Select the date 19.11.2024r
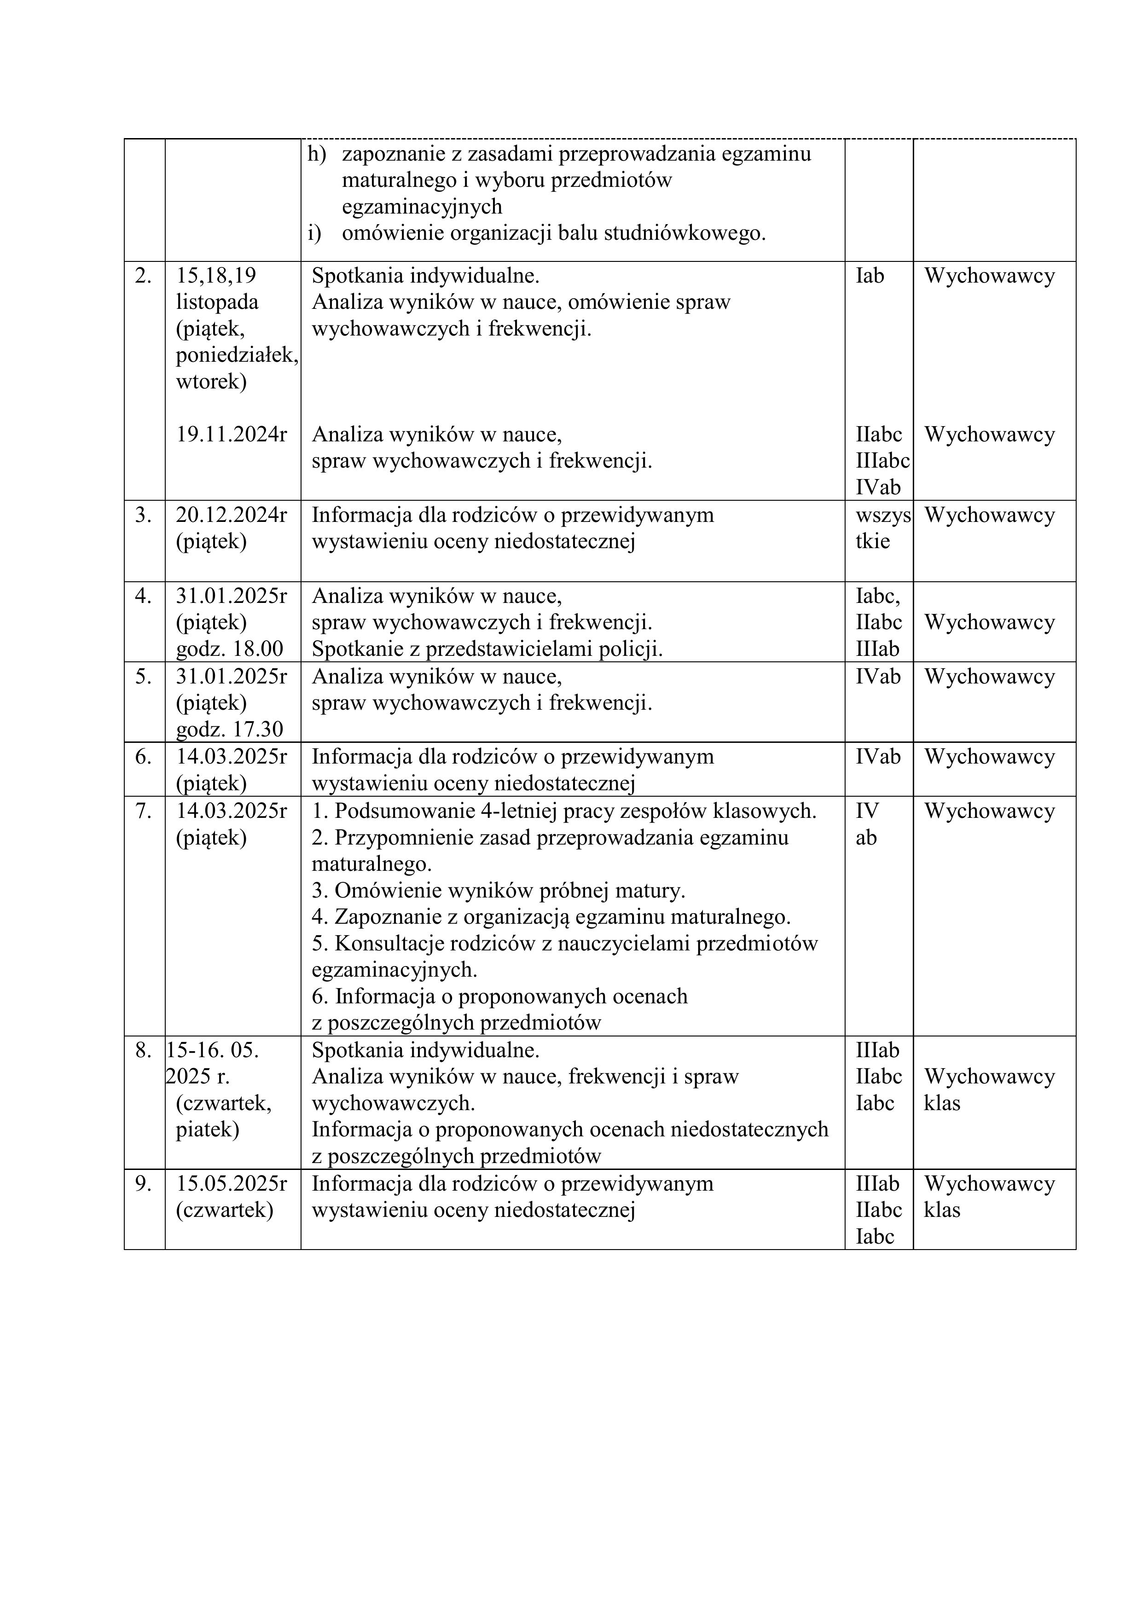(232, 434)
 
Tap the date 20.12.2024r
(232, 515)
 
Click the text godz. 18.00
(229, 648)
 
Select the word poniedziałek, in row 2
(237, 355)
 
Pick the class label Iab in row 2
(870, 276)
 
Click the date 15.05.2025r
(232, 1184)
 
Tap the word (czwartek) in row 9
(225, 1210)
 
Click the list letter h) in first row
(317, 153)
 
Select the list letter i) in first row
(314, 233)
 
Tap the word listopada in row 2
(217, 302)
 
